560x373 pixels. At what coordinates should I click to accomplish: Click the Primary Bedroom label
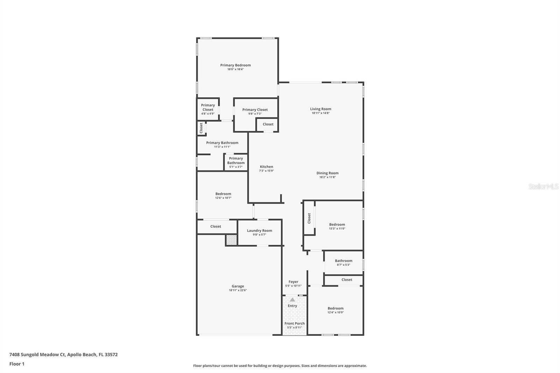click(235, 65)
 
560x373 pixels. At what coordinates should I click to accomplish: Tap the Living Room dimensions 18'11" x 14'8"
click(321, 113)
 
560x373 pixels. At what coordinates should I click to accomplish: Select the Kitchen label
click(266, 167)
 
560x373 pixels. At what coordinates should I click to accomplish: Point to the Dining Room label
click(327, 173)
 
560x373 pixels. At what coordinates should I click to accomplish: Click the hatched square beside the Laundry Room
click(231, 240)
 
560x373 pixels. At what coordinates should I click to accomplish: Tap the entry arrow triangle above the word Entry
click(292, 300)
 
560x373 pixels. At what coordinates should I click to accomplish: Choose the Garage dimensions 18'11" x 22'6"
click(238, 290)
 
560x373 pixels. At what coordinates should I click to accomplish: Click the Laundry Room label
click(259, 231)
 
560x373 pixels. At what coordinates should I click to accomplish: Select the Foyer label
click(293, 282)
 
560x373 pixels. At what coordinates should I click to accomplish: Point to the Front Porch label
click(294, 323)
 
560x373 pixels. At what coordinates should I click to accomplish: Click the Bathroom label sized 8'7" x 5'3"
click(343, 260)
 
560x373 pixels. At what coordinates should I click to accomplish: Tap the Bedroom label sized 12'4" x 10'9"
click(336, 308)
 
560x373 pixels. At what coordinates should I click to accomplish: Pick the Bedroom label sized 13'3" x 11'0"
click(337, 225)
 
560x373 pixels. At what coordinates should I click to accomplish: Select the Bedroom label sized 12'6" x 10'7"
click(223, 194)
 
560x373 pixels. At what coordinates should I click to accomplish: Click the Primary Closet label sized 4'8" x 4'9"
click(208, 107)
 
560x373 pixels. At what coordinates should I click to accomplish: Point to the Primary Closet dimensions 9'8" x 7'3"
click(255, 114)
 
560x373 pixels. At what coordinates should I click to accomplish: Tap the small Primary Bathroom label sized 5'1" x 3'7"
click(236, 161)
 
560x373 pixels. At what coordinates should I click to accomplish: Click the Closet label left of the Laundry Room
click(216, 226)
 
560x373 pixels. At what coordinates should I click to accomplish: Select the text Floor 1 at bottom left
click(17, 364)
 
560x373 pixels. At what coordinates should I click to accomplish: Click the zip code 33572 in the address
click(111, 354)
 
